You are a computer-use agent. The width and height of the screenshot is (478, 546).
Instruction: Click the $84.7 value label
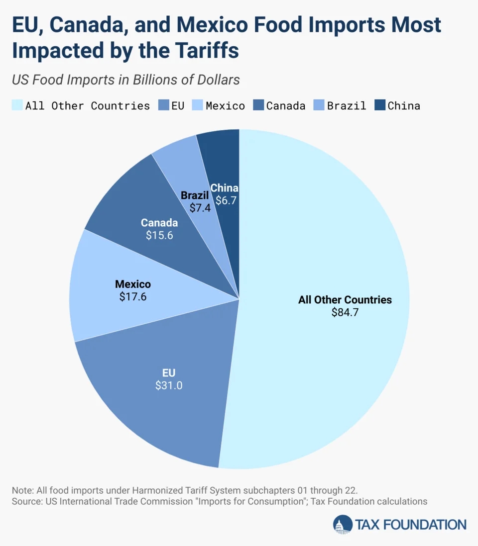click(x=345, y=313)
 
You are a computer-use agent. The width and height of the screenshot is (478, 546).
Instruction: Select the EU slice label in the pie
click(x=169, y=372)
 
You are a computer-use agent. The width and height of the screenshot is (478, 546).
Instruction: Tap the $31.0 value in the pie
click(x=169, y=385)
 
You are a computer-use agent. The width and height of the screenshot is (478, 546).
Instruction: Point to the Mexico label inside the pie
click(x=133, y=284)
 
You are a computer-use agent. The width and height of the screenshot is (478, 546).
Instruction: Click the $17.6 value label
click(x=133, y=297)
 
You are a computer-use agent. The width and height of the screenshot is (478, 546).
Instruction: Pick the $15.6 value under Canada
click(x=159, y=235)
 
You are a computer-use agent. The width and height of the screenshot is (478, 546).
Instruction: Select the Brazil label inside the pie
click(x=195, y=195)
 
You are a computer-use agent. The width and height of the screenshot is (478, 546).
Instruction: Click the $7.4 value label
click(x=200, y=208)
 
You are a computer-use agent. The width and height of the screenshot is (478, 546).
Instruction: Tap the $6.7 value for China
click(x=226, y=201)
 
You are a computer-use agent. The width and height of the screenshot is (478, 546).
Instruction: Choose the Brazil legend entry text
click(x=347, y=105)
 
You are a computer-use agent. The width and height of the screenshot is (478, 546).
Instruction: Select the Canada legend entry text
click(x=286, y=105)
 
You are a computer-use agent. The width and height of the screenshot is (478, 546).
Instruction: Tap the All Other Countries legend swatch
click(x=16, y=105)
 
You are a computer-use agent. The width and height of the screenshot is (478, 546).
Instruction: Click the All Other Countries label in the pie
click(x=345, y=300)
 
